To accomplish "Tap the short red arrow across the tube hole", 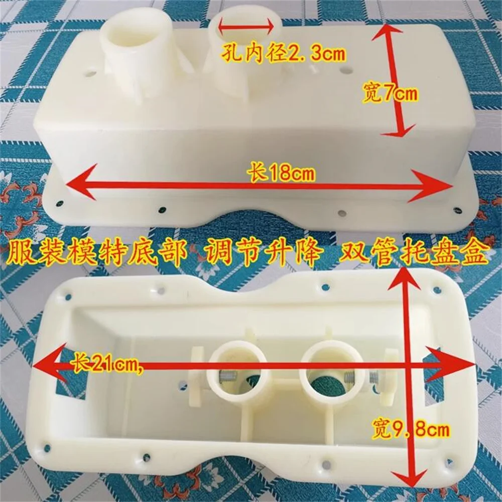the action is [246, 27].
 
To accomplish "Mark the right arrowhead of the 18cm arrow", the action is [431, 186].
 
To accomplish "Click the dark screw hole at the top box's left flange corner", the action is [59, 202].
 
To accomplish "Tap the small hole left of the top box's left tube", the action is [90, 73].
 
